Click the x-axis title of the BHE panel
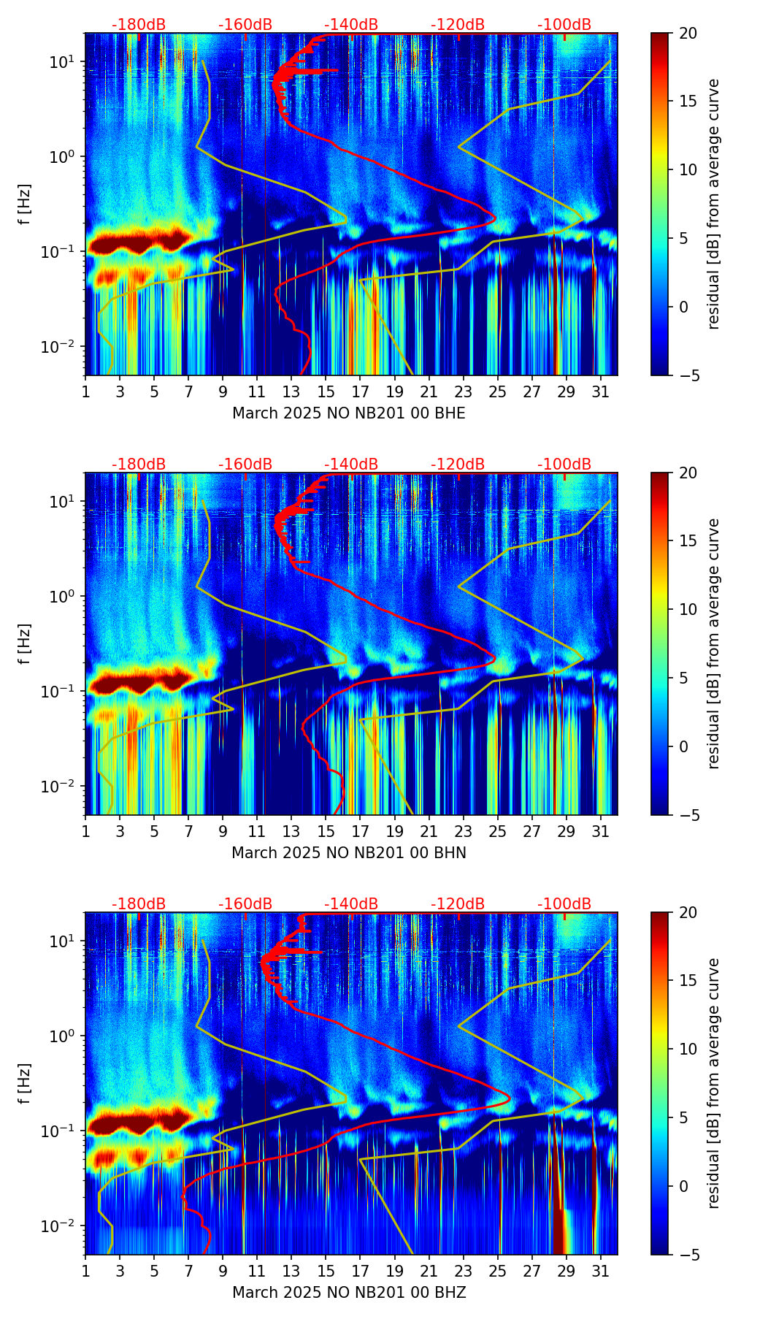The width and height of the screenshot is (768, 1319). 349,413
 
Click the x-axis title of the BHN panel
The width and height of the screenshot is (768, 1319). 349,853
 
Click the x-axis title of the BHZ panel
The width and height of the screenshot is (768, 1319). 349,1293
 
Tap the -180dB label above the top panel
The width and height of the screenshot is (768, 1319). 139,25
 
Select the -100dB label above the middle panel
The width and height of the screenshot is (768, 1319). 564,464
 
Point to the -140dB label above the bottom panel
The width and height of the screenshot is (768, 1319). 351,904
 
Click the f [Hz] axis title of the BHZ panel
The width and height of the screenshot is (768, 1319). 26,1083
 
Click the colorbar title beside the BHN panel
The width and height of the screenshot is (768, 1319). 713,643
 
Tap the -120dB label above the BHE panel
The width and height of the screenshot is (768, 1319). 458,25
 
